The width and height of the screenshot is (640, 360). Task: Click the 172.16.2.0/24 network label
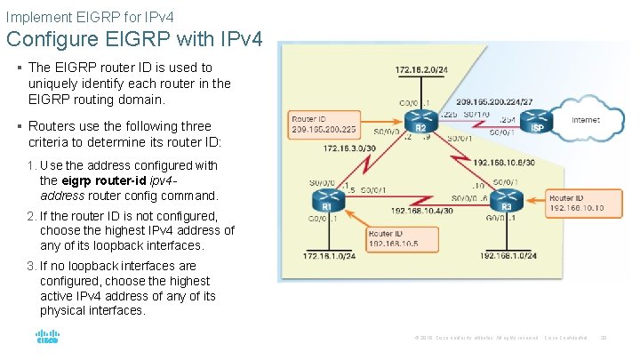click(x=422, y=69)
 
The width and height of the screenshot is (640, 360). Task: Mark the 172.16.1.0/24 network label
click(x=329, y=256)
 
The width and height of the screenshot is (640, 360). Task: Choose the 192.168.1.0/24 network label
click(x=508, y=256)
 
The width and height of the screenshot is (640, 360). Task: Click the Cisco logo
click(x=47, y=338)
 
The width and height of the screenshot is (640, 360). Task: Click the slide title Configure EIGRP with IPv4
click(x=135, y=39)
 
